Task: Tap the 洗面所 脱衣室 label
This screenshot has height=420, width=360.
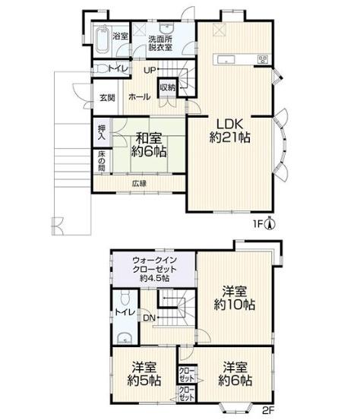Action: (160, 43)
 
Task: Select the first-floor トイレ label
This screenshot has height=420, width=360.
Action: (118, 69)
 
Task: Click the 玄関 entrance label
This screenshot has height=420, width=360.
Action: (107, 97)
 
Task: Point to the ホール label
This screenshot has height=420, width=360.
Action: (139, 96)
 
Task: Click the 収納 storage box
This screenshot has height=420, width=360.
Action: (167, 87)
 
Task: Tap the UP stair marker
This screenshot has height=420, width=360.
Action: (150, 71)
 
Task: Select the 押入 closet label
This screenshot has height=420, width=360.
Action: (102, 133)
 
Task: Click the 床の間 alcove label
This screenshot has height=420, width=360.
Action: (101, 161)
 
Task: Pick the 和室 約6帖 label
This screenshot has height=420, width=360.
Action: (149, 146)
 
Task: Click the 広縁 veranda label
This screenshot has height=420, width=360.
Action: (139, 184)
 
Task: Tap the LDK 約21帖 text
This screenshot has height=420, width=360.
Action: (230, 131)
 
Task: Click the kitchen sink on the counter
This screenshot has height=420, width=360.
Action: (226, 59)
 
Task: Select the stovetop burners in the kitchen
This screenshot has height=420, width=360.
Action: (263, 59)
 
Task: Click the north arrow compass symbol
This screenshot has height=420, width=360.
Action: (270, 223)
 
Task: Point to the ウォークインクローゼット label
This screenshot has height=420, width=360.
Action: (154, 269)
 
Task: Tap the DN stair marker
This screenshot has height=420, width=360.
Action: (150, 318)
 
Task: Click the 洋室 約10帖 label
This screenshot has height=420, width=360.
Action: (235, 298)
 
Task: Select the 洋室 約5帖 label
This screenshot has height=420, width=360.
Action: (144, 374)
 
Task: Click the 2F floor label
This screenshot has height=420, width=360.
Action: (268, 410)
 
